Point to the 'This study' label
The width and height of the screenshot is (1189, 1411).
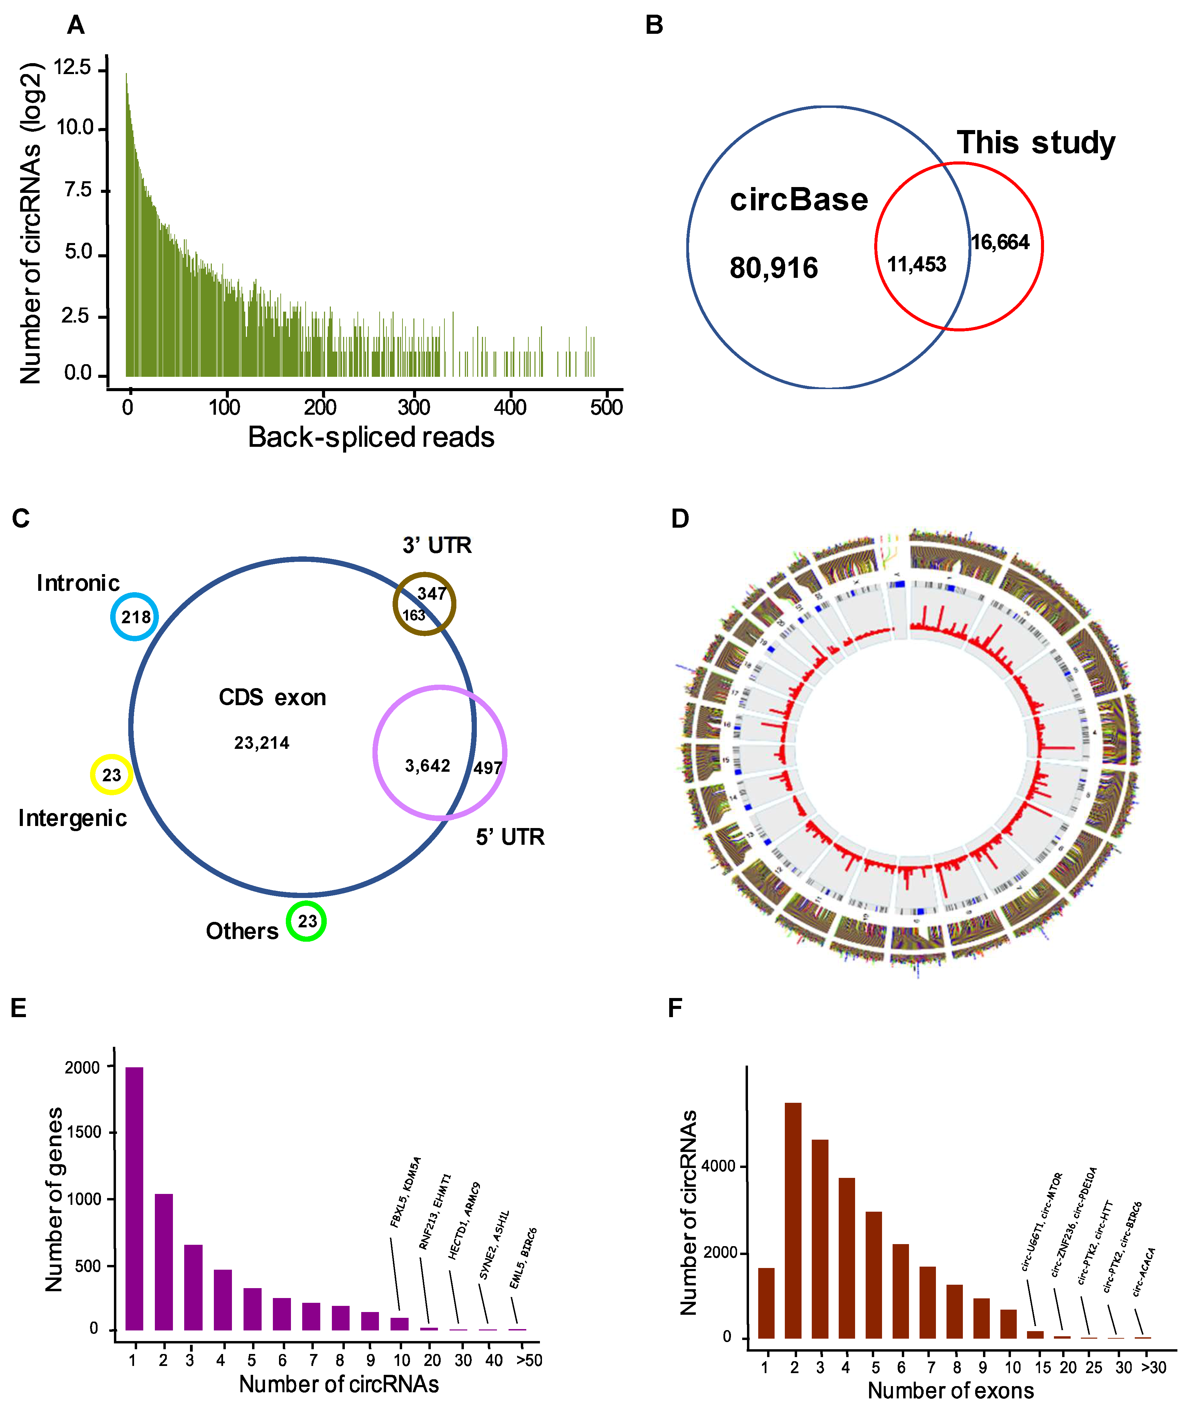1036,143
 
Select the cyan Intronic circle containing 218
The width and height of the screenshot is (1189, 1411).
135,616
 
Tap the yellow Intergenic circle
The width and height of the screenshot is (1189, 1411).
111,774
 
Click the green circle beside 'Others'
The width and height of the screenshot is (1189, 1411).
307,921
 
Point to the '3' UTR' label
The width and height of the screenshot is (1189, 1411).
437,545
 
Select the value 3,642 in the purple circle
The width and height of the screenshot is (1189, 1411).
427,766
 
